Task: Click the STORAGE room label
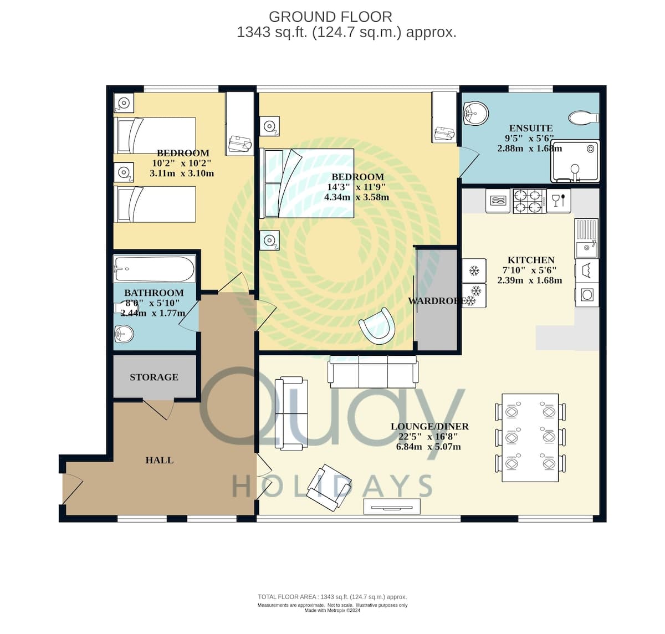coord(154,377)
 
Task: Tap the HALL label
coord(159,460)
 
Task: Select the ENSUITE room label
coord(531,128)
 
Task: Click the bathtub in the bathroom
coord(154,269)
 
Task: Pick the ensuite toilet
coord(584,117)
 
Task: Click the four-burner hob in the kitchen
coord(529,201)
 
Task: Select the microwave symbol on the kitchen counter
coord(498,201)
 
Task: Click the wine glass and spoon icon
coord(559,201)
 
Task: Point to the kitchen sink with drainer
coord(586,238)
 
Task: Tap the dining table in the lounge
coord(530,437)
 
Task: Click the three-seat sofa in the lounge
coord(373,371)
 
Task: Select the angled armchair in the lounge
coord(329,487)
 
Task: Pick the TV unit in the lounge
coord(392,507)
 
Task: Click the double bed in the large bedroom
coord(306,183)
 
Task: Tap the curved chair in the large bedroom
coord(377,326)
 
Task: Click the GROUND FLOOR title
coord(330,17)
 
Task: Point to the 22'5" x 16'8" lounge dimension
coord(428,436)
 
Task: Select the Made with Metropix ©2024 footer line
coord(332,610)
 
